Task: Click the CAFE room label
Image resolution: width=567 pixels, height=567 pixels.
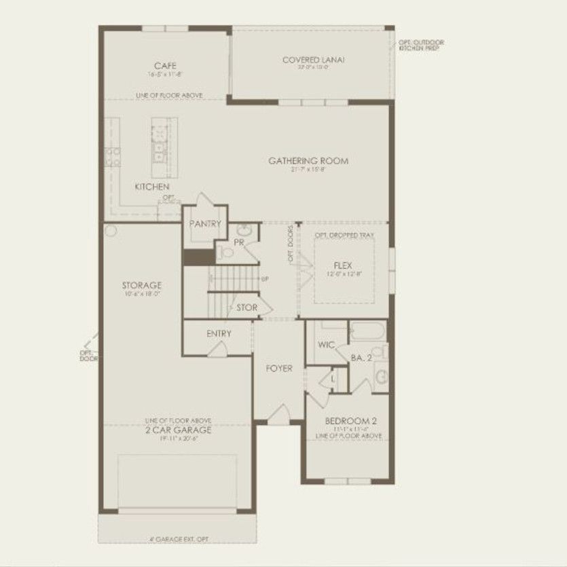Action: pyautogui.click(x=160, y=66)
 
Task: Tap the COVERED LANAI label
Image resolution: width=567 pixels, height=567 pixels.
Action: pyautogui.click(x=314, y=60)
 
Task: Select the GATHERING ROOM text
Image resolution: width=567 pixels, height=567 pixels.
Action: pyautogui.click(x=308, y=161)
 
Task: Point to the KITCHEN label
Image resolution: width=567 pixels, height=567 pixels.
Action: pyautogui.click(x=152, y=187)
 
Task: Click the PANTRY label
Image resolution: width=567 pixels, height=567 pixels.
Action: pyautogui.click(x=205, y=224)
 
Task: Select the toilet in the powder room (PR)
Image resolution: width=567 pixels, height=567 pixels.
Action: pyautogui.click(x=227, y=253)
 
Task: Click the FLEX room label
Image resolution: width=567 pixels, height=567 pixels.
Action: pyautogui.click(x=343, y=266)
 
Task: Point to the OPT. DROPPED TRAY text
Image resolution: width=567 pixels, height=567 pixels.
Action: pyautogui.click(x=343, y=235)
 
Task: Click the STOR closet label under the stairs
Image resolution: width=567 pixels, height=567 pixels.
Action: pyautogui.click(x=246, y=308)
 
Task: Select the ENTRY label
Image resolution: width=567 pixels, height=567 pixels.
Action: pyautogui.click(x=219, y=333)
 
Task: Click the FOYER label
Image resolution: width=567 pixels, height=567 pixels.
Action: pyautogui.click(x=278, y=369)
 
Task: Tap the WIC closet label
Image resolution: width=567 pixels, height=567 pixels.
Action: pyautogui.click(x=327, y=345)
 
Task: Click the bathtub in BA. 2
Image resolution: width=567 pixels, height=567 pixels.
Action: pyautogui.click(x=367, y=333)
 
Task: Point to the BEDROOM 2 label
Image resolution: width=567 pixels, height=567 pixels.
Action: pyautogui.click(x=347, y=420)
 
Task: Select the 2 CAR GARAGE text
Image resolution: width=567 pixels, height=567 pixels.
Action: pyautogui.click(x=178, y=430)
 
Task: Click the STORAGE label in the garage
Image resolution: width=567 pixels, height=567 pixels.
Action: pyautogui.click(x=141, y=285)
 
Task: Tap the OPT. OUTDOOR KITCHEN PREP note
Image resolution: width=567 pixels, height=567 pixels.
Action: pyautogui.click(x=422, y=46)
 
